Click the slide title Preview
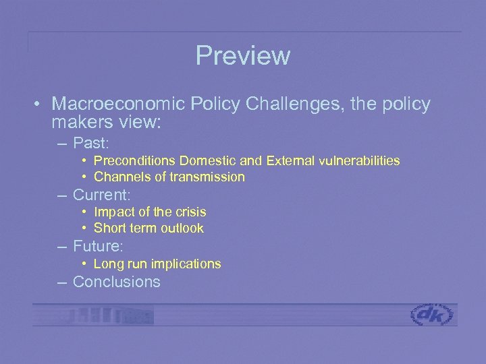click(x=242, y=56)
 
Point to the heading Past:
click(x=92, y=143)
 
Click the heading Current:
click(x=101, y=195)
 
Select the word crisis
click(x=189, y=212)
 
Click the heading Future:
click(x=98, y=246)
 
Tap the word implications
click(x=184, y=264)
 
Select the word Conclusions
click(x=116, y=282)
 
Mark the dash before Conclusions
click(x=63, y=282)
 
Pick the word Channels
click(x=119, y=177)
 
